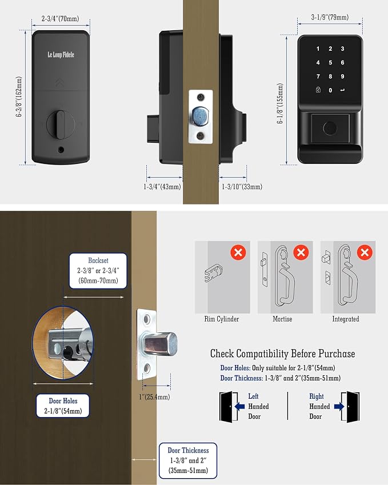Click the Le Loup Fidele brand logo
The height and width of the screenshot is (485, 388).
tap(61, 55)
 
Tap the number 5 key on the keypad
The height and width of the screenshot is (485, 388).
tap(330, 62)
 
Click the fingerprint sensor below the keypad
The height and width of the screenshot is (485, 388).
tap(330, 128)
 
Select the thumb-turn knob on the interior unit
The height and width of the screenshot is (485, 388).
tap(61, 124)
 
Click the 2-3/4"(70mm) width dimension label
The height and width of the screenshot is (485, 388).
tap(61, 18)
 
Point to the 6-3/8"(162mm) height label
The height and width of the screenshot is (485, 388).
tap(19, 97)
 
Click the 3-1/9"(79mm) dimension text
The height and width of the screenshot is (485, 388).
tap(330, 17)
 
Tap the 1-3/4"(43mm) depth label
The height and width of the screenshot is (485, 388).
tap(162, 186)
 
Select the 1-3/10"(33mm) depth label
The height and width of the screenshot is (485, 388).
tap(242, 186)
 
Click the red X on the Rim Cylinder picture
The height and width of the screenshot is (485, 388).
tap(238, 252)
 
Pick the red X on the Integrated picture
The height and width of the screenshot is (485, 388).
tap(365, 252)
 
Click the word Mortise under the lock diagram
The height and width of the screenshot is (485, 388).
tap(282, 319)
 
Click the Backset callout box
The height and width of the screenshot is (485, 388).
tap(98, 271)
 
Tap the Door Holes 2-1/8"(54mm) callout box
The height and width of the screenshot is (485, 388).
tap(63, 406)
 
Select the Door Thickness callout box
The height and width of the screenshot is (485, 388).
tap(188, 460)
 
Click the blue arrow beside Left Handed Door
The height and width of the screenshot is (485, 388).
tap(240, 406)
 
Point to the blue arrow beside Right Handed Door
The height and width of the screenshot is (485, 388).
tap(339, 406)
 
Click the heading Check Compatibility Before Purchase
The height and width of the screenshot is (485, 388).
tap(282, 354)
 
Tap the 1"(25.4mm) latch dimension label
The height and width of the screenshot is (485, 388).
tap(154, 397)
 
